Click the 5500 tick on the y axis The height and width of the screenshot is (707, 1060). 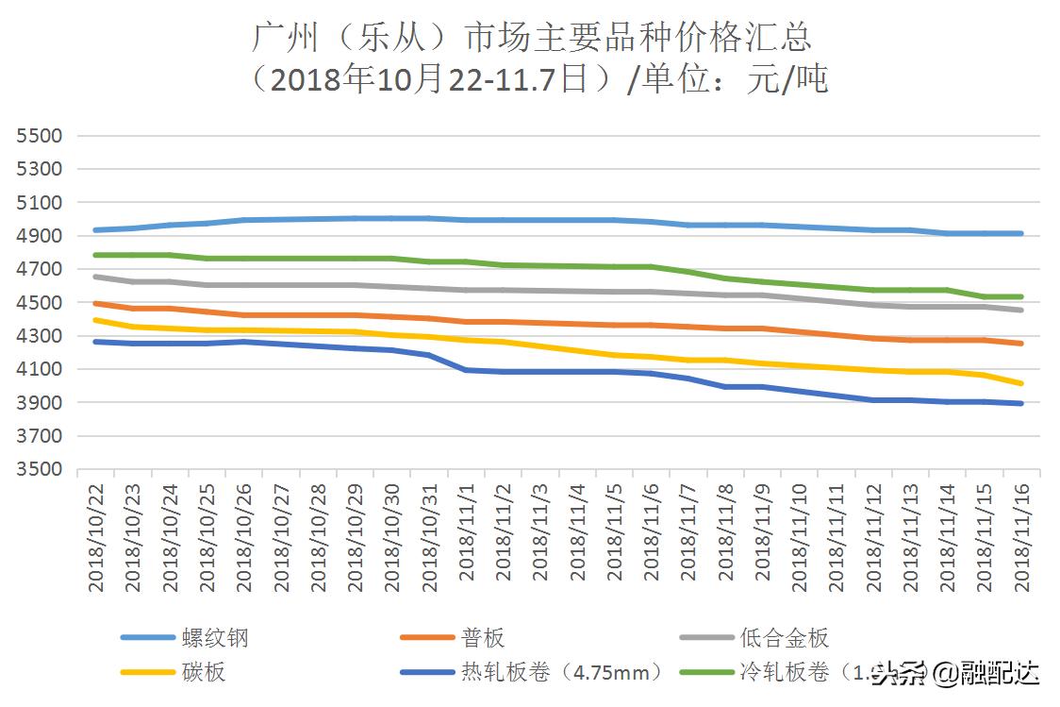[39, 136]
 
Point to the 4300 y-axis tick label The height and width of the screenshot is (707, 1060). [39, 336]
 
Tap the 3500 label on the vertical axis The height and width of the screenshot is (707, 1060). [39, 470]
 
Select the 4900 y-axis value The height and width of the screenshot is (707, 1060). [39, 236]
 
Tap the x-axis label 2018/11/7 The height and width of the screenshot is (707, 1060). [688, 532]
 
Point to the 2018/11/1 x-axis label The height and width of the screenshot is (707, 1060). [466, 532]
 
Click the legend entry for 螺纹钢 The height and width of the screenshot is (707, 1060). [215, 638]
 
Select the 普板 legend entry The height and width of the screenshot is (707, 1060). [483, 638]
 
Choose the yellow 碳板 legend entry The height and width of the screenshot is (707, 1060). [204, 673]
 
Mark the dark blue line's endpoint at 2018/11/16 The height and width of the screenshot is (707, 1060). [1021, 403]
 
